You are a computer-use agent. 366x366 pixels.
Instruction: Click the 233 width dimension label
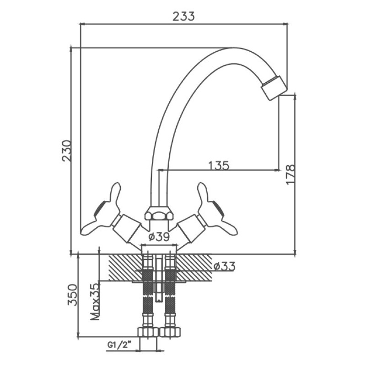[x=183, y=16]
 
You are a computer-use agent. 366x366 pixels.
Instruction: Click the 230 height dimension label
[x=66, y=151]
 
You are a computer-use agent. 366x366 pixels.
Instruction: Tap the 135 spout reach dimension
[x=219, y=166]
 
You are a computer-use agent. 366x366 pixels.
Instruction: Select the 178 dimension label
[x=290, y=174]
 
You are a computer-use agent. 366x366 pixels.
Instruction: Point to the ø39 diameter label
[x=159, y=237]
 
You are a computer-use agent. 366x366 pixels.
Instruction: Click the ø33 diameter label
[x=224, y=266]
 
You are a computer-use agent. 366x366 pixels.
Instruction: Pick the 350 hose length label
[x=72, y=295]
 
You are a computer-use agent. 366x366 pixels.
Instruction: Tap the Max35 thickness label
[x=95, y=301]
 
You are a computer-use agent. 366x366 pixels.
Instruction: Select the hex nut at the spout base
[x=159, y=213]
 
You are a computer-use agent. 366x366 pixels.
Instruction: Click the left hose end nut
[x=148, y=332]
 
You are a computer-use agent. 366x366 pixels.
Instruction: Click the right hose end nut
[x=170, y=332]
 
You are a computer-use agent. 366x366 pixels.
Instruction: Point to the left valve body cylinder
[x=127, y=229]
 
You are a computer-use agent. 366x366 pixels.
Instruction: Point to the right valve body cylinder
[x=191, y=229]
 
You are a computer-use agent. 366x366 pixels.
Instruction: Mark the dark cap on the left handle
[x=99, y=208]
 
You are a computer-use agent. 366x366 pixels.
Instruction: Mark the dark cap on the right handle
[x=220, y=208]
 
